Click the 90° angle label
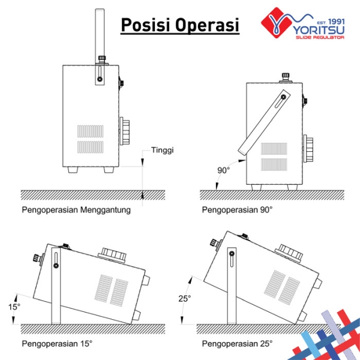point(224,170)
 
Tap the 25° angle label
point(186,298)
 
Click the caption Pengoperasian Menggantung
point(76,210)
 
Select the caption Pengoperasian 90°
point(237,210)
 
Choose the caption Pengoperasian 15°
point(57,344)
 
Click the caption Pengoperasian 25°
point(237,344)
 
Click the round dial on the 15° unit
point(112,254)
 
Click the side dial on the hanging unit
point(126,131)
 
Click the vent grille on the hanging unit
point(90,139)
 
